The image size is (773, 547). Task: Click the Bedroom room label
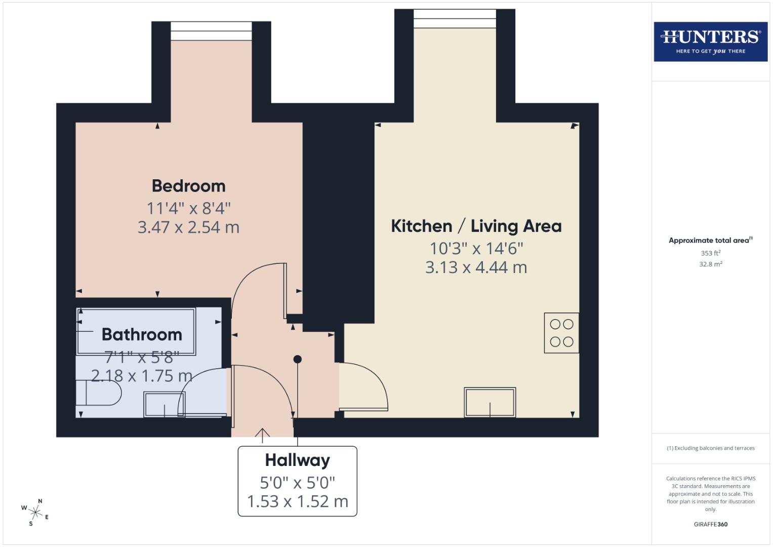188,186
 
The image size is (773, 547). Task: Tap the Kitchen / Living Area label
476,226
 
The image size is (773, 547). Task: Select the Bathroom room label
142,334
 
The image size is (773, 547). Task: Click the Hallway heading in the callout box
297,460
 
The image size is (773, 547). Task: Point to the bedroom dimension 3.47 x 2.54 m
188,227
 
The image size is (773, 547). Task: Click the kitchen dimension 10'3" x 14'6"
476,248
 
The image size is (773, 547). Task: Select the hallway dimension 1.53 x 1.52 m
297,501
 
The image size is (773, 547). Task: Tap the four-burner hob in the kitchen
561,333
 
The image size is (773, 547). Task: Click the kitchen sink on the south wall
490,403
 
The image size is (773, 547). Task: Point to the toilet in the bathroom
101,393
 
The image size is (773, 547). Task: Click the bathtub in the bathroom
136,331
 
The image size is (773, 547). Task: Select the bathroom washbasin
164,404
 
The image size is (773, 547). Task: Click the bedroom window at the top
211,31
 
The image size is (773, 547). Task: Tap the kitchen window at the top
455,19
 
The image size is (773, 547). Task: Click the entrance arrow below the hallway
262,435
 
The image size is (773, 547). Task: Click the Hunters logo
710,42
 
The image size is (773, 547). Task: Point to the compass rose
35,513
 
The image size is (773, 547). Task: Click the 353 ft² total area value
710,253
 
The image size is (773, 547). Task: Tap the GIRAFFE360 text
710,524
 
